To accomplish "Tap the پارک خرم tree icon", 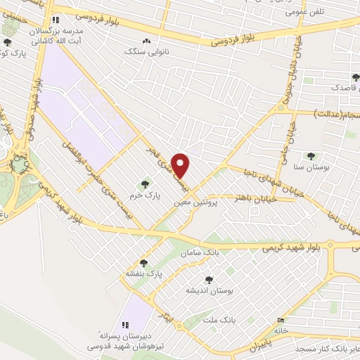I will click(x=145, y=185).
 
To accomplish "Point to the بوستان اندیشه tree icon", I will click(x=208, y=279).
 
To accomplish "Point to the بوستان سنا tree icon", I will click(x=310, y=156).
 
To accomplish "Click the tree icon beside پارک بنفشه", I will click(x=143, y=262).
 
